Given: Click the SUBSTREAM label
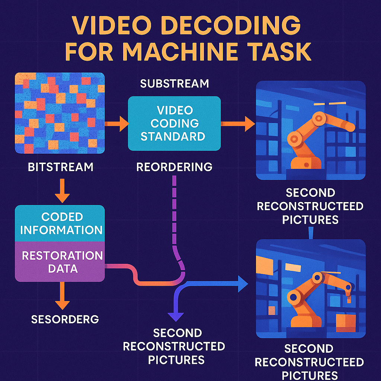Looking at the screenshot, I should coord(174,84).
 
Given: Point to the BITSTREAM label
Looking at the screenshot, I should coord(61,167).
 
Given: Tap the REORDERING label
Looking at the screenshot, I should coord(174,167).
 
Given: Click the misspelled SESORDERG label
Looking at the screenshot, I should coord(65,319).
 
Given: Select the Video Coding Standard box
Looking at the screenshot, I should coord(174,123).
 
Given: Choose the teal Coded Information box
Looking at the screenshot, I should coord(60,223).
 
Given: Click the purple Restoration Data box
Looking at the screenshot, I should coord(60,262).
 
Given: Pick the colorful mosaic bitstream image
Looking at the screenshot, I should coord(60,113).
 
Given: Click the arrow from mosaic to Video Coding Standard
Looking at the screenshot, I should coord(116,124).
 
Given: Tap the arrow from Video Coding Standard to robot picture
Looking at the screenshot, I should coord(238,124).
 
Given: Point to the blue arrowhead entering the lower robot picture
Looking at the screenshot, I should coord(242,285).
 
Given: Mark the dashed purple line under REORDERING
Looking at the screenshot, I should coord(174,212).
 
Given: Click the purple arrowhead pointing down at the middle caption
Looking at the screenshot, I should coord(173,316).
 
